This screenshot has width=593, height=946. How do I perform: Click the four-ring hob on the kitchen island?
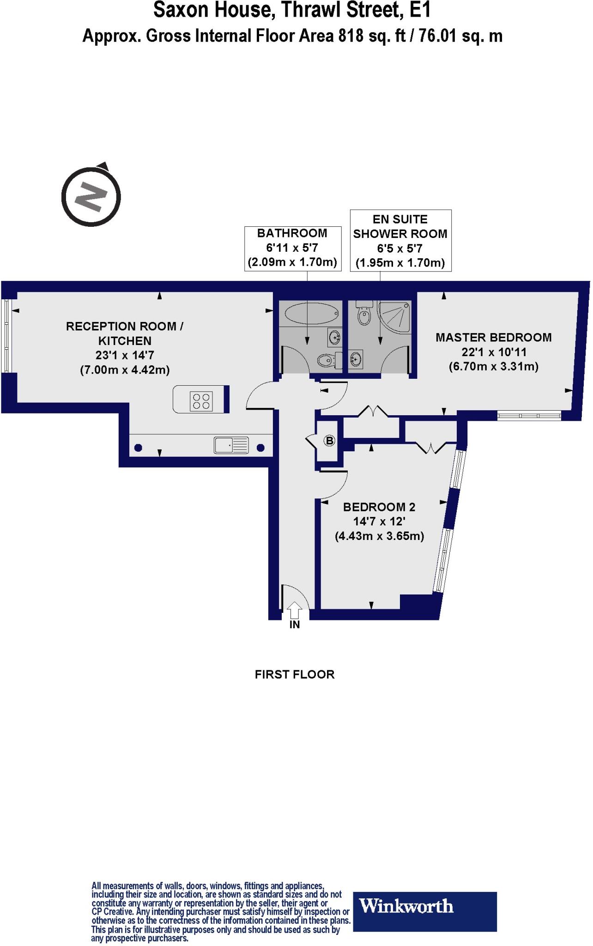201,400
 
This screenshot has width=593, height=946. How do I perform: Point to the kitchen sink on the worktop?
231,445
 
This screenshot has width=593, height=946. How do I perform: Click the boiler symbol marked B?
329,441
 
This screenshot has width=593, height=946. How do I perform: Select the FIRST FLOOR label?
295,674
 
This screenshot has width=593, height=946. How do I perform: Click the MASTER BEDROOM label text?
494,337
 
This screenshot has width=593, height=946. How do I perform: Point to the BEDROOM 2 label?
379,507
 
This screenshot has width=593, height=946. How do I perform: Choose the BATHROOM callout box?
293,248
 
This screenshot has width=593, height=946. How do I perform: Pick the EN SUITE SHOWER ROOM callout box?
400,241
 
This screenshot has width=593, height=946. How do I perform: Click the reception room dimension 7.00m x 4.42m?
125,370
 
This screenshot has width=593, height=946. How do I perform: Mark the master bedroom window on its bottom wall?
530,416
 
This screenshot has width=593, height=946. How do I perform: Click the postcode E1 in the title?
420,10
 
